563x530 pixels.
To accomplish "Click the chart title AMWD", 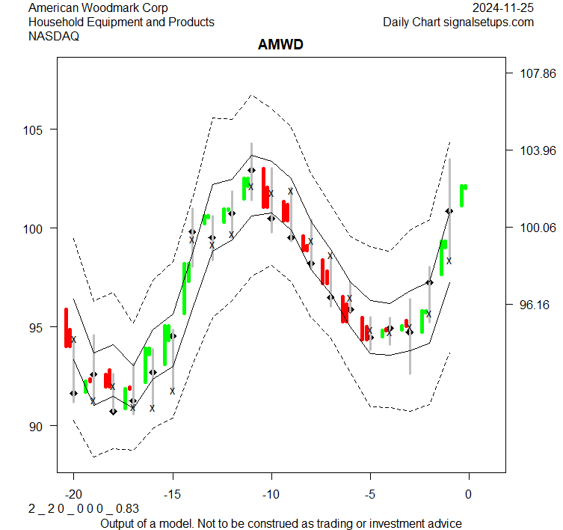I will pos(280,45).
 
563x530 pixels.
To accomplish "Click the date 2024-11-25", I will pos(503,8).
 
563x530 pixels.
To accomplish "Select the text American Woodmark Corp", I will pos(98,8).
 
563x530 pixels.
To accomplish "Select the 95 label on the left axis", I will pos(40,327).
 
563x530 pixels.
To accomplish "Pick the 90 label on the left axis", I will pos(40,426).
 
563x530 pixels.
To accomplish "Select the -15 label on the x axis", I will pos(172,494).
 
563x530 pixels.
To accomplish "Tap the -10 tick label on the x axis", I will pos(271,494).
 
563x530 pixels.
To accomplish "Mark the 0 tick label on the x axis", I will pos(469,494).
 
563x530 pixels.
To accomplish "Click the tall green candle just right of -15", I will pos(185,288).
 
